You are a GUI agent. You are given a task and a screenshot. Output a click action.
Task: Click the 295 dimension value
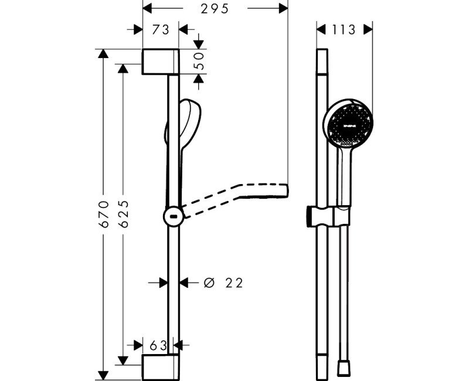point(215,9)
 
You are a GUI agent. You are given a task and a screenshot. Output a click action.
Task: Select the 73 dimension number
point(161,30)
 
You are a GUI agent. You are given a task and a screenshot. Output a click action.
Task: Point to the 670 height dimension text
point(105,214)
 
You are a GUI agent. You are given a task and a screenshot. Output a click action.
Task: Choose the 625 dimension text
point(124,214)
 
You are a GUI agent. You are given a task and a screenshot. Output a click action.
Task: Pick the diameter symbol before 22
point(209,283)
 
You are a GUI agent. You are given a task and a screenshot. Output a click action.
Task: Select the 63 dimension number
point(158,345)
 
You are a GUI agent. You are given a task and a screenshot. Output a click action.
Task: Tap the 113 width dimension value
point(344,30)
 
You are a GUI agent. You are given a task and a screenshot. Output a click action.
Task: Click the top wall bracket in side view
point(161,62)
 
